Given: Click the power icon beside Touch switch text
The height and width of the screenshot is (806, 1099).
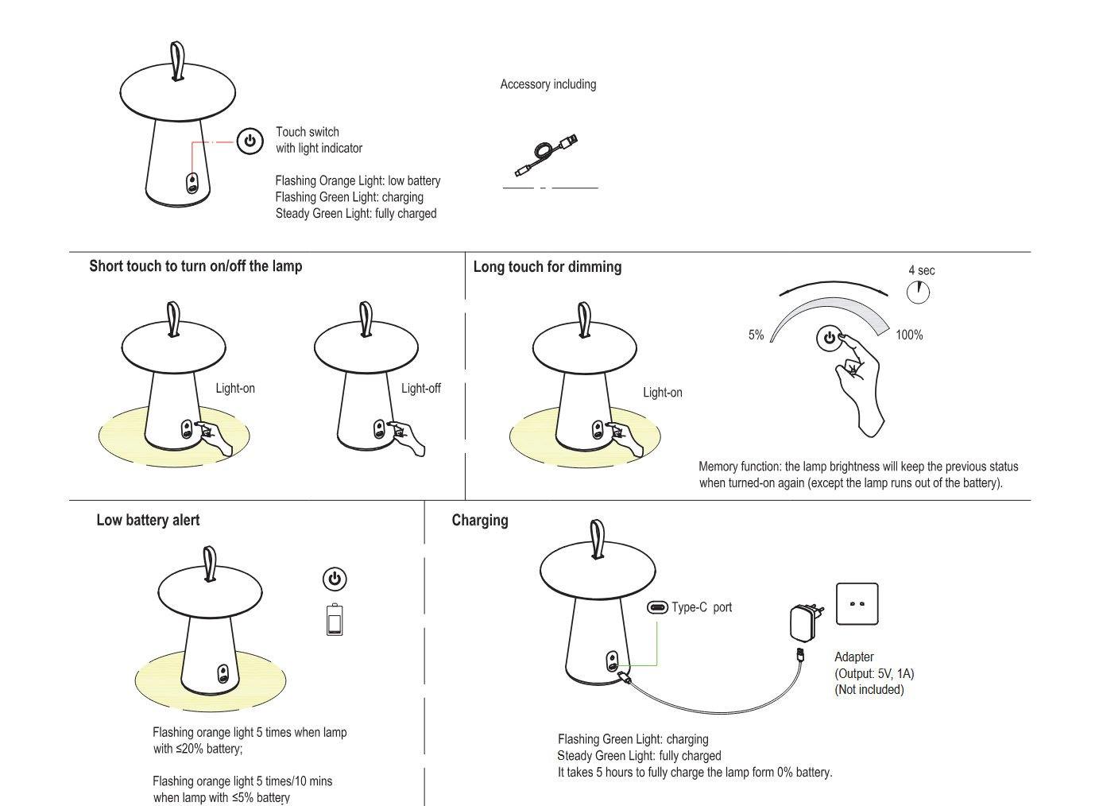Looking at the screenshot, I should click(x=250, y=141).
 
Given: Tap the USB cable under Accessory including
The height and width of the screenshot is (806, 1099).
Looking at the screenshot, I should click(x=546, y=154).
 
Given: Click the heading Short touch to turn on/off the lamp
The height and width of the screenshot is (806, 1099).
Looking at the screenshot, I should click(x=195, y=266).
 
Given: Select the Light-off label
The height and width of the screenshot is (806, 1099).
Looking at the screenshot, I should click(x=420, y=389).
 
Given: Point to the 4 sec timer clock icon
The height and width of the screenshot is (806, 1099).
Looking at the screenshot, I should click(x=918, y=293).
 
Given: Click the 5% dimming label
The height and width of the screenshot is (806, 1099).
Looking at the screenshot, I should click(x=756, y=335).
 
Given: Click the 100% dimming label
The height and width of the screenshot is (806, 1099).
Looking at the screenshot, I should click(x=909, y=335).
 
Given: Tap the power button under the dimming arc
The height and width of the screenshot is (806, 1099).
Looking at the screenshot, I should click(x=829, y=338).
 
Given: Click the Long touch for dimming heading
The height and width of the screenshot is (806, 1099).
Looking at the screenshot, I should click(x=548, y=267).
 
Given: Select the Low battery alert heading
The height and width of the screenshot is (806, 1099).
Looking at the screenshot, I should click(x=148, y=521).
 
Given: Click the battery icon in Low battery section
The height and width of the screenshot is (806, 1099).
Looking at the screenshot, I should click(x=335, y=620).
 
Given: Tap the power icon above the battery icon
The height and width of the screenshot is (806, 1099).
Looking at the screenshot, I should click(x=335, y=579).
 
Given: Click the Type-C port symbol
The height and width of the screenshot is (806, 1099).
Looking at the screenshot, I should click(x=657, y=607).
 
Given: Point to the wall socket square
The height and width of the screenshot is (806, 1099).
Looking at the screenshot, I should click(x=857, y=604).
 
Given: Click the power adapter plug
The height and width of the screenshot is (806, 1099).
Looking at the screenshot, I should click(x=803, y=622).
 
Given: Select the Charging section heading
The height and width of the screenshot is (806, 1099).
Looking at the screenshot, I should click(x=480, y=521).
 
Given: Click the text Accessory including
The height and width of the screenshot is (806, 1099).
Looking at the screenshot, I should click(x=548, y=84).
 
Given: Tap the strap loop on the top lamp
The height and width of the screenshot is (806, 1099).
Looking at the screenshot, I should click(x=178, y=61).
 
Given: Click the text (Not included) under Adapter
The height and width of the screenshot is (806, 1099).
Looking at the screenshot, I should click(x=869, y=690).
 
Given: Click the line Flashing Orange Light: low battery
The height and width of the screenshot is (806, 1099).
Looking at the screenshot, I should click(x=358, y=181).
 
